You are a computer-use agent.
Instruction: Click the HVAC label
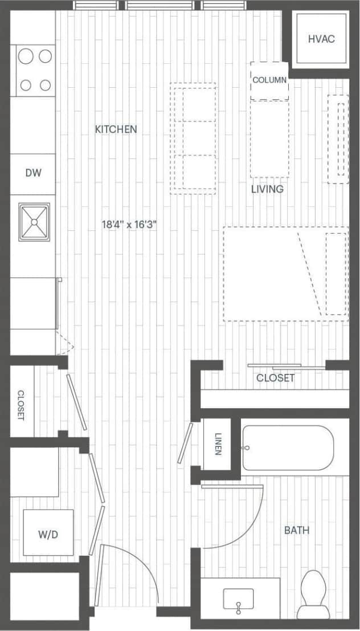tap(321, 39)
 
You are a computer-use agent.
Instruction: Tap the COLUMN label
tap(269, 80)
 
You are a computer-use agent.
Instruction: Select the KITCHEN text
tap(116, 129)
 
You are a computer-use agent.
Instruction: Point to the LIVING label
tap(267, 189)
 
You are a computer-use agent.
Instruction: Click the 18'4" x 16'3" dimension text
tap(129, 225)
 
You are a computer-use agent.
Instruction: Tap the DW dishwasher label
tap(32, 173)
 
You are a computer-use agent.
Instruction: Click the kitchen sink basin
tap(34, 222)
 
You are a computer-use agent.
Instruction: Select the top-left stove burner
tap(26, 55)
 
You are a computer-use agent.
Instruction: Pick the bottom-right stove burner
tap(45, 85)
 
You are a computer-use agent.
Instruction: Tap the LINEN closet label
tap(218, 445)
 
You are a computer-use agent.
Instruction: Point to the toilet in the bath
tap(314, 593)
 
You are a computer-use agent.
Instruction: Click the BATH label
tap(297, 530)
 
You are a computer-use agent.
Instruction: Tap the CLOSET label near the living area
tap(275, 378)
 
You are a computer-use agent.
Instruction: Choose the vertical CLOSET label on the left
tap(21, 405)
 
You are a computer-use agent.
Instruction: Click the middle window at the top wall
tap(162, 5)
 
